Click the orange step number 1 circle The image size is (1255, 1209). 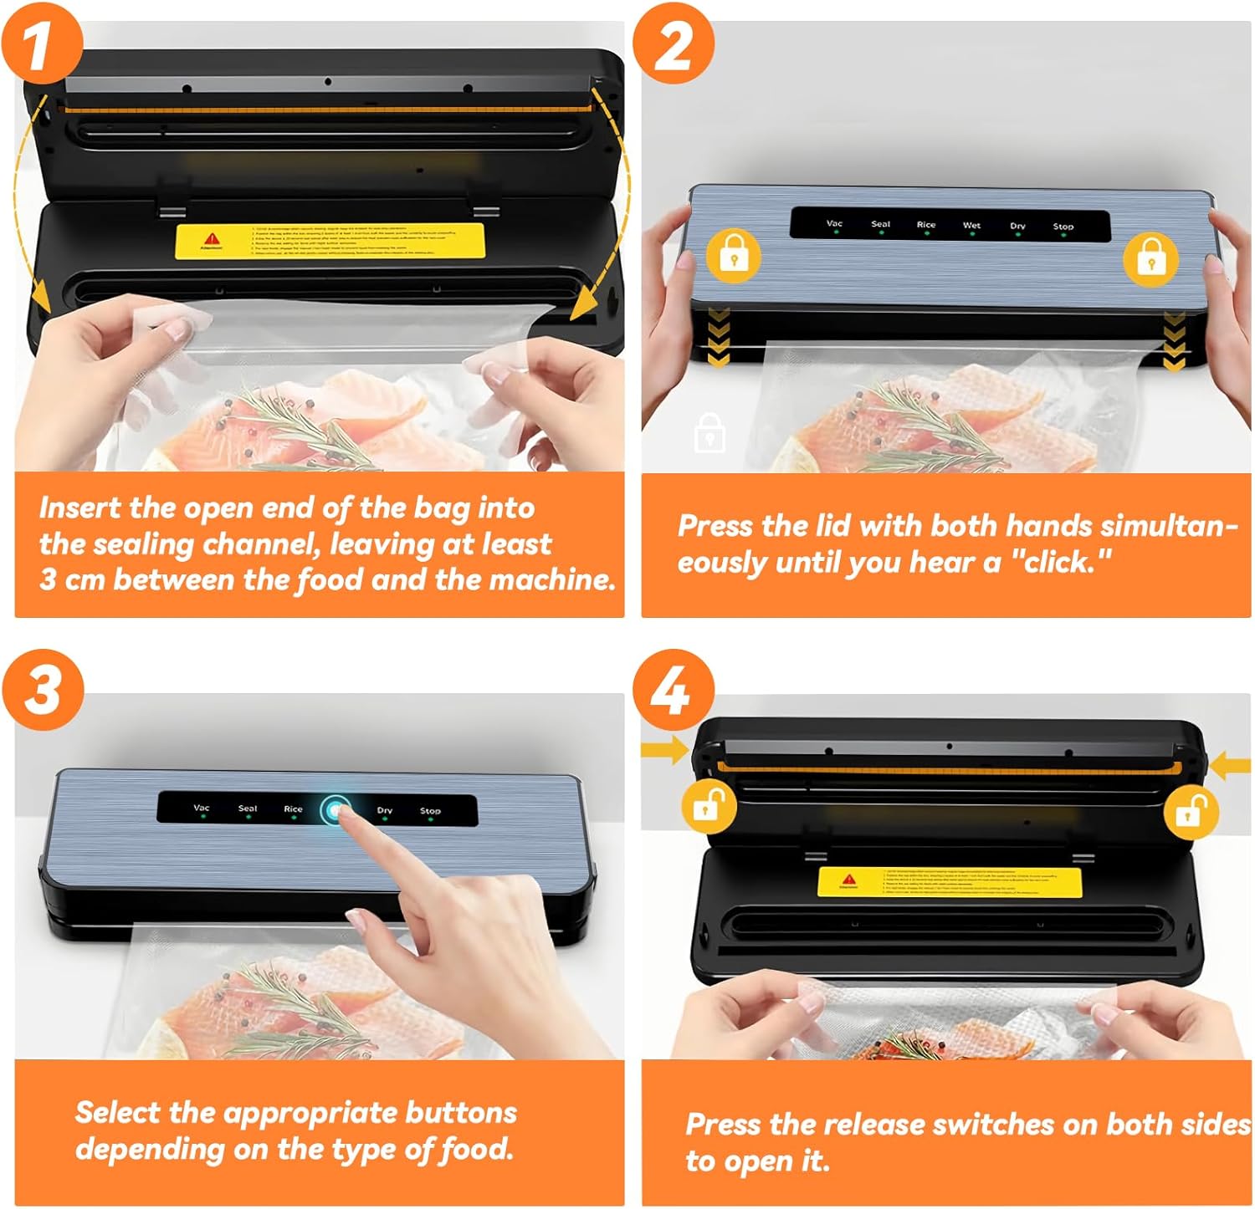42,43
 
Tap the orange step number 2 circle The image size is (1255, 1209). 674,43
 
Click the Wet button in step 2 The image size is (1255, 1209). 971,227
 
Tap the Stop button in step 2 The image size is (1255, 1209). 1063,227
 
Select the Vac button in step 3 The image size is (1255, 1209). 202,809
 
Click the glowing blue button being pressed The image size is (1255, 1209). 337,810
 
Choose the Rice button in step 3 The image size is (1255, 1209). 293,810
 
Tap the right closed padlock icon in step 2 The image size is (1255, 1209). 1150,258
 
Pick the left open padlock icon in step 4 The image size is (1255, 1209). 709,806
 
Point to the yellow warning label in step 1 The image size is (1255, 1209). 330,241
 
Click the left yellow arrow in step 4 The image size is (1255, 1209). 664,749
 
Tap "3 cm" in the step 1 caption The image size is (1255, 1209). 73,579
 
